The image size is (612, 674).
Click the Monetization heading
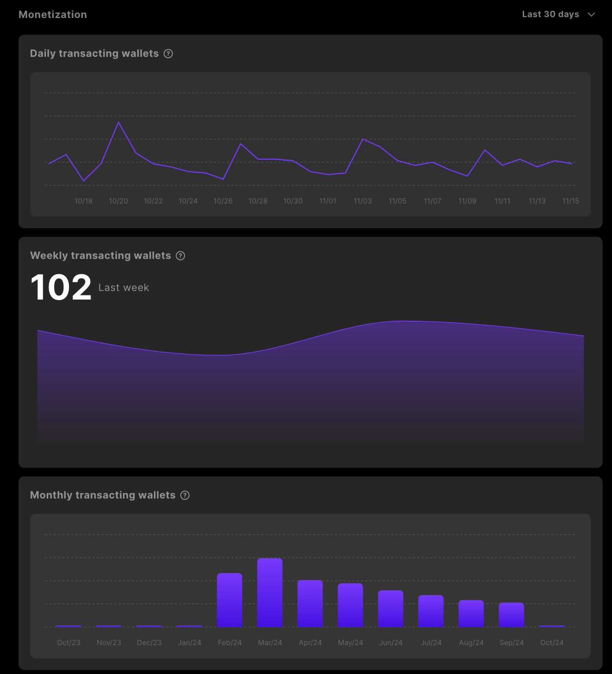pos(53,14)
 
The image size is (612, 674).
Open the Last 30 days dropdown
pos(558,14)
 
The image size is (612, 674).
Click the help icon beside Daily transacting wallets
pos(168,54)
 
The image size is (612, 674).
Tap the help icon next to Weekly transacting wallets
pos(180,256)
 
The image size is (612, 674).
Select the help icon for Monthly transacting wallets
pos(185,495)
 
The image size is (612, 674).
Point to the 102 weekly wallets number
pos(61,287)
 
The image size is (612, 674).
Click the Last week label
pos(123,288)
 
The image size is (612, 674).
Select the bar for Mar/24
pos(270,592)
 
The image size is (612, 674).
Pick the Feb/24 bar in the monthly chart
pos(229,600)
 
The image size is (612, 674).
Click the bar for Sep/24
pos(512,614)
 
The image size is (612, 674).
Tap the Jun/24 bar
pos(391,608)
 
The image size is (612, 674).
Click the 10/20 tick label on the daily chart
pos(119,201)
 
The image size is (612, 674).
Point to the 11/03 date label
pos(363,201)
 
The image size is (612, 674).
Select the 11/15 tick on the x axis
pos(571,201)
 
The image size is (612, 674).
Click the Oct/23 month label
pos(69,642)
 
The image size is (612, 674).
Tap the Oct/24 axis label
pos(552,642)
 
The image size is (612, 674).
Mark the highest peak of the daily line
pos(119,122)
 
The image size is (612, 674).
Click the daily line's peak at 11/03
pos(363,139)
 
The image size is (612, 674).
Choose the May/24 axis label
pos(351,642)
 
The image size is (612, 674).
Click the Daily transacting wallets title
pos(94,54)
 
